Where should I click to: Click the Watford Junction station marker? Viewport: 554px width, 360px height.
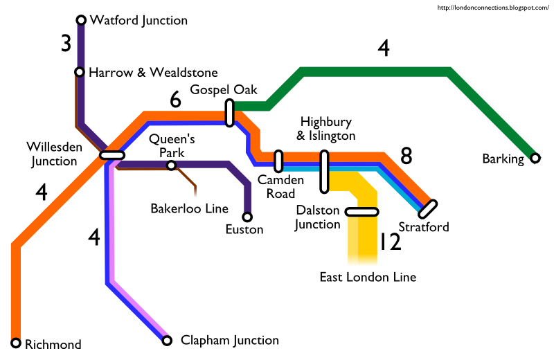click(81, 20)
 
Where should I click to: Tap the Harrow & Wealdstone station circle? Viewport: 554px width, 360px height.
click(80, 72)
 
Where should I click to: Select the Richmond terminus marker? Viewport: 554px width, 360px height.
click(16, 343)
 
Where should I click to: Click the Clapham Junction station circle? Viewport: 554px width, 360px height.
click(166, 340)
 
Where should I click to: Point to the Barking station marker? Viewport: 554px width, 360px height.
click(535, 159)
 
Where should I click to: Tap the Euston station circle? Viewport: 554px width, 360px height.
click(247, 217)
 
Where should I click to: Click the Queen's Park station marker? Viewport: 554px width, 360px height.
click(171, 165)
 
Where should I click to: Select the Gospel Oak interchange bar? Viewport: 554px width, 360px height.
click(229, 113)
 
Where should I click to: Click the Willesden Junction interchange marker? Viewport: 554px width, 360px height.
click(112, 155)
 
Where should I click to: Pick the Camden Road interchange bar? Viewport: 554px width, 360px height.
click(278, 161)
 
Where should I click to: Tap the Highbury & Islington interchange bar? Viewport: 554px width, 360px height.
click(323, 172)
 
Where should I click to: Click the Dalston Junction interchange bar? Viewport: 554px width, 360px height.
click(361, 212)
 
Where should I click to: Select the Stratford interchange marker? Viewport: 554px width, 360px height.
click(428, 208)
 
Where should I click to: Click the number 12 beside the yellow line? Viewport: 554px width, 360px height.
click(391, 242)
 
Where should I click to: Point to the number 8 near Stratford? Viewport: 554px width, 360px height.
click(406, 156)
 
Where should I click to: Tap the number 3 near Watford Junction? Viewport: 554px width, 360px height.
click(66, 44)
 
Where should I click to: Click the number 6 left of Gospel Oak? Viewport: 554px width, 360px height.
click(175, 101)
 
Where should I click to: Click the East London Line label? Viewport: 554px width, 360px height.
click(368, 278)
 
